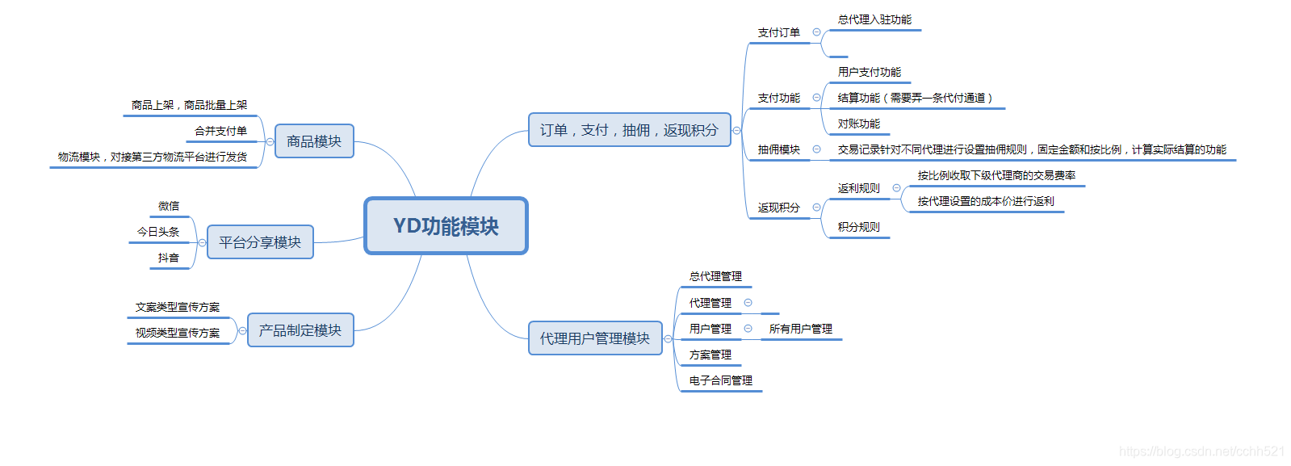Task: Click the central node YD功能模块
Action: [x=446, y=226]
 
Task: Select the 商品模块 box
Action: [x=314, y=141]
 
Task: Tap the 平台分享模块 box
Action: [x=260, y=242]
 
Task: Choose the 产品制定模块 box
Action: [x=300, y=330]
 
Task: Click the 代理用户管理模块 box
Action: [x=595, y=338]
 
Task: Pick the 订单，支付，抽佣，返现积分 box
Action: [x=629, y=130]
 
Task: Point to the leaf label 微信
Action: [x=169, y=206]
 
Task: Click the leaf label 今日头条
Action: [x=158, y=232]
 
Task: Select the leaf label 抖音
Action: [x=169, y=258]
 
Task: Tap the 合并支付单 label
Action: [x=220, y=131]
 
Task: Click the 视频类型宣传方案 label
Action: [x=178, y=333]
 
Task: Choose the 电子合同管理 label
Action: [x=721, y=380]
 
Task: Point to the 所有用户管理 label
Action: [x=801, y=329]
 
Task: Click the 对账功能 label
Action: [x=859, y=124]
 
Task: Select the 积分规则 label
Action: [x=859, y=227]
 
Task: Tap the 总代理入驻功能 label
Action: [x=875, y=19]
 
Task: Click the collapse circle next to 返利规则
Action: [x=896, y=188]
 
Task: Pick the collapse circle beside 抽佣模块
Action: [x=816, y=149]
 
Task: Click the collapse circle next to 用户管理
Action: [x=748, y=329]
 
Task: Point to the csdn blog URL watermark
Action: [x=1201, y=451]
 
